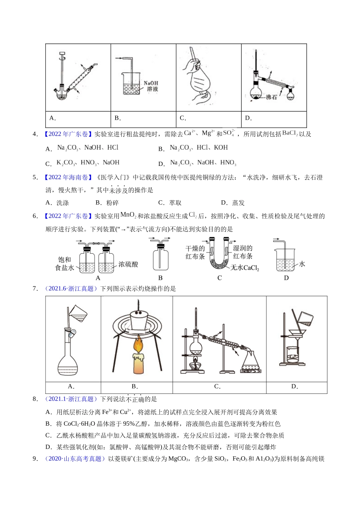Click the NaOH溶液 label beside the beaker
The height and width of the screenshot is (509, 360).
point(151,86)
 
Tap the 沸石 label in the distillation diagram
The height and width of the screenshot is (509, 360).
point(271,97)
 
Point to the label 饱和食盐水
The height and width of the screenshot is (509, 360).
point(64,264)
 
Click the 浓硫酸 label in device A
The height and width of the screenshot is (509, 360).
point(128,264)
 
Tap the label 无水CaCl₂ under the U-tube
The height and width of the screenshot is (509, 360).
point(245,268)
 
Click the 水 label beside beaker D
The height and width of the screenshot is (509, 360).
point(302,264)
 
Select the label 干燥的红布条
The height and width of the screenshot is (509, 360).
point(195,252)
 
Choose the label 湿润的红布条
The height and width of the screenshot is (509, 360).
point(243,252)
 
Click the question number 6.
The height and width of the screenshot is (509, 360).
point(35,216)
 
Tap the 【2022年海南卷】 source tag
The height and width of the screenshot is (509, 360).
point(67,177)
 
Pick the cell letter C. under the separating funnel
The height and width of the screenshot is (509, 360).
point(183,118)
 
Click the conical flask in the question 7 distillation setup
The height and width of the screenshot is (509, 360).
point(251,362)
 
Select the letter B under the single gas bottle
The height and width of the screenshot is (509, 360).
point(160,278)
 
